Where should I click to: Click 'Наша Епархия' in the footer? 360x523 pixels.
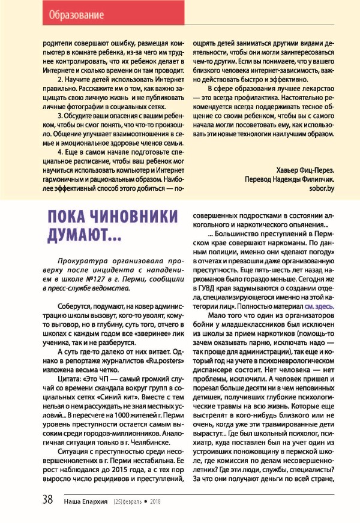(x=86, y=500)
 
